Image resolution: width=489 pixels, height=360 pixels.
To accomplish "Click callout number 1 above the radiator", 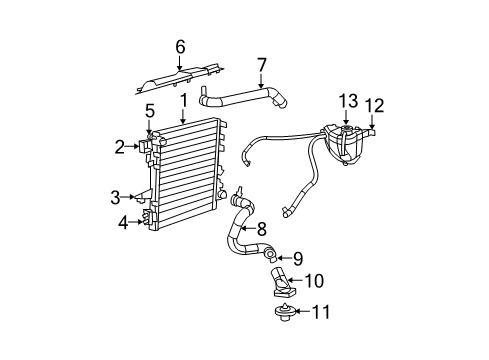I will pos(183,99).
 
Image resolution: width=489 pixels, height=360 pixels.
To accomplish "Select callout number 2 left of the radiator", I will pos(120,147).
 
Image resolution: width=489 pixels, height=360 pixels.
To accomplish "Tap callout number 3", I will pos(115,197).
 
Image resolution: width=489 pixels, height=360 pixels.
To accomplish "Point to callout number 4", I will pos(123,223).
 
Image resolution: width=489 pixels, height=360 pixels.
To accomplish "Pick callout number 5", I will pos(149,110).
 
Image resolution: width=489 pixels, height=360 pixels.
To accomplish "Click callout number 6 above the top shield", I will pos(181,46).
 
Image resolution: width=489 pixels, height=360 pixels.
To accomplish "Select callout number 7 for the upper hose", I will pos(262,65).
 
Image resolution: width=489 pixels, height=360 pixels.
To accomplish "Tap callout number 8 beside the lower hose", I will pos(262,227).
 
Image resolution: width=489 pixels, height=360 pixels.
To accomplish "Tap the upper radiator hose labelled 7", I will pos(240,97).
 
